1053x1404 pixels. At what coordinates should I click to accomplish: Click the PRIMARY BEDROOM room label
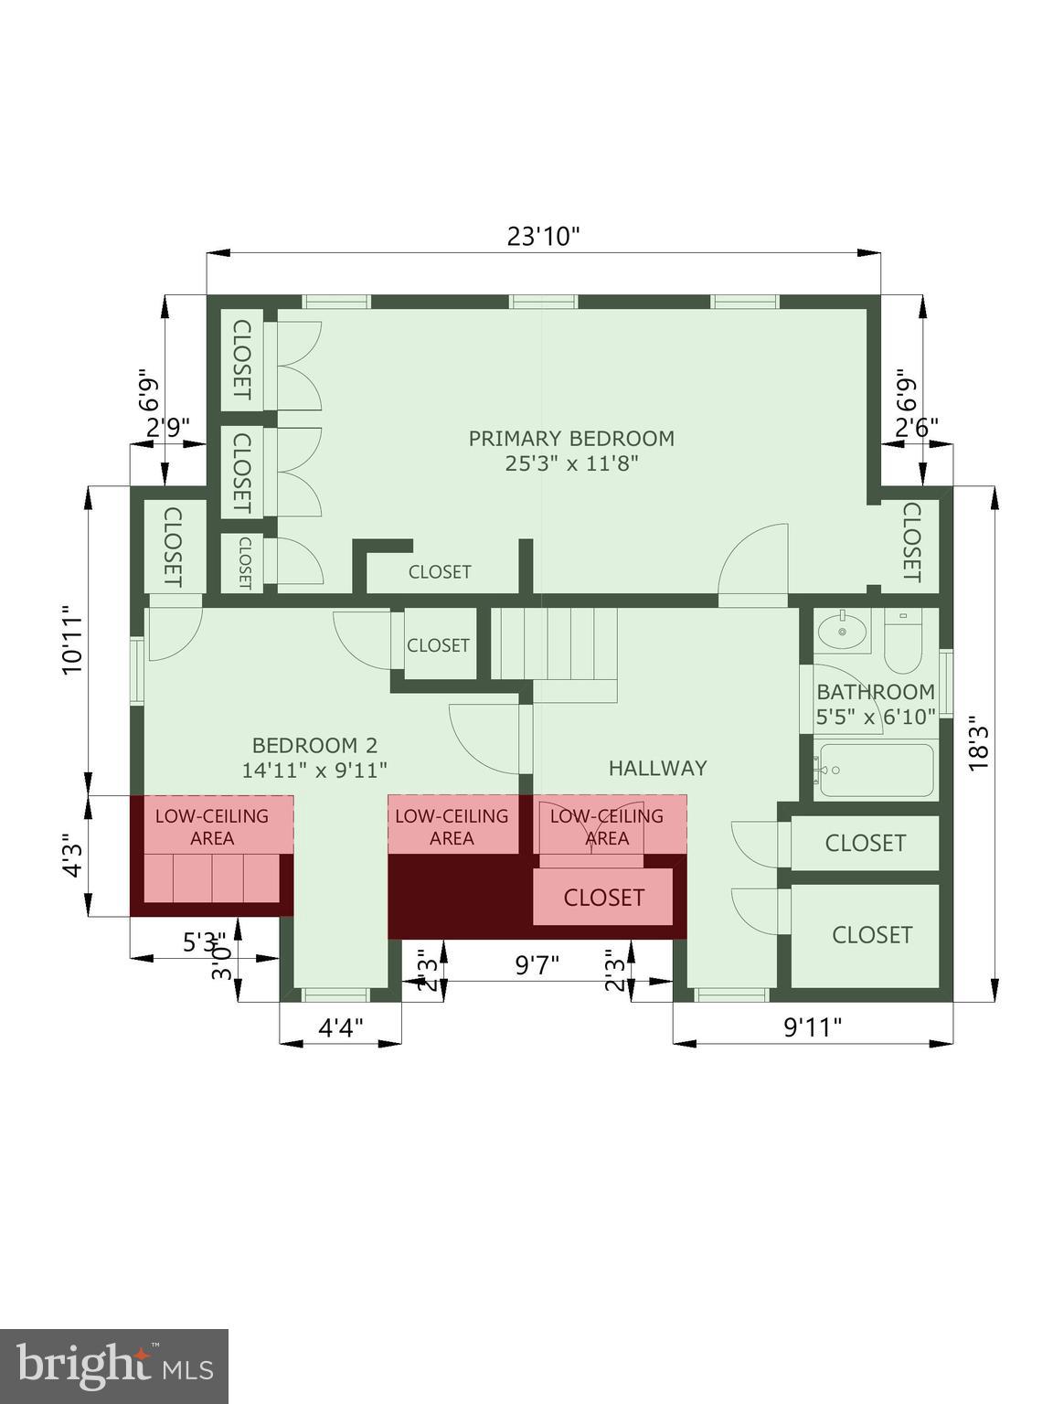click(571, 439)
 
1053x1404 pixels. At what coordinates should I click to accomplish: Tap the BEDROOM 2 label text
click(314, 746)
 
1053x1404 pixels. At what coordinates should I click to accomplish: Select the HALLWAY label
click(657, 768)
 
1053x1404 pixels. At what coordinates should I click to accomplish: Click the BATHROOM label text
click(875, 692)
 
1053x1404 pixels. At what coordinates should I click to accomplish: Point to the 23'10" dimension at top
click(544, 237)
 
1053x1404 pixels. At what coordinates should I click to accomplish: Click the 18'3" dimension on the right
click(979, 742)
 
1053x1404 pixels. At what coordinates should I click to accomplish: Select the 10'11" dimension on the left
click(72, 639)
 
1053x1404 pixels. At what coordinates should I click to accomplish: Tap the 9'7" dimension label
click(537, 965)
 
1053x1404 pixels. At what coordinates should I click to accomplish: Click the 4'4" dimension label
click(341, 1027)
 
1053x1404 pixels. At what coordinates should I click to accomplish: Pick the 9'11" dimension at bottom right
click(813, 1027)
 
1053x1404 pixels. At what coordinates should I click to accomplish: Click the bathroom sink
click(841, 630)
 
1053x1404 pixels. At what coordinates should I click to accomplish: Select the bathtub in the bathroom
click(876, 771)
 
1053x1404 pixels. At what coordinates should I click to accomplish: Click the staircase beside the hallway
click(554, 643)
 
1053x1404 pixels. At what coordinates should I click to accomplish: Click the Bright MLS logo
click(114, 1367)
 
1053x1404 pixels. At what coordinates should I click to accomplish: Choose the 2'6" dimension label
click(916, 427)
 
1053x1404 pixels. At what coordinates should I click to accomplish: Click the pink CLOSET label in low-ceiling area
click(603, 898)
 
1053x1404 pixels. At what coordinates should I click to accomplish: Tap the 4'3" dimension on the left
click(72, 855)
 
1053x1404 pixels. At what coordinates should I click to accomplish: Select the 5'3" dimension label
click(204, 941)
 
